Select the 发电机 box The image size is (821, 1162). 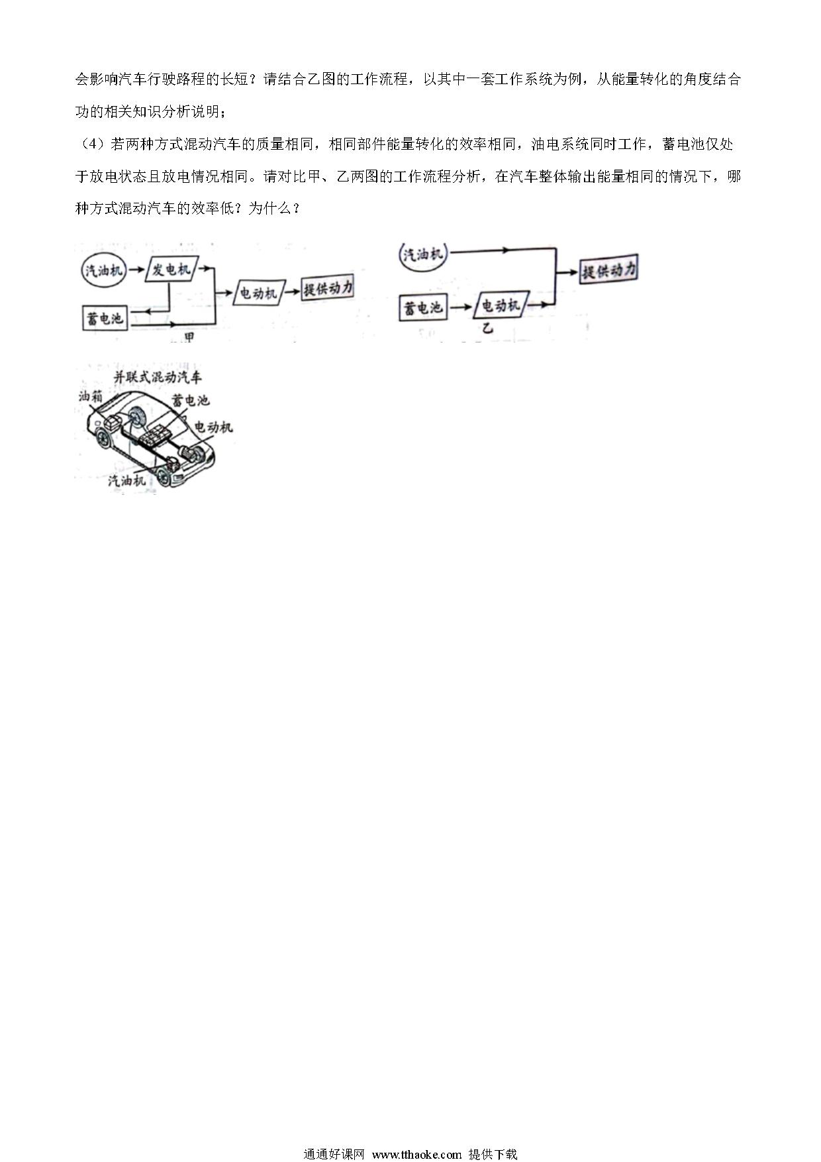[x=170, y=270]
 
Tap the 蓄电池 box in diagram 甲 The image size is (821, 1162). [x=103, y=319]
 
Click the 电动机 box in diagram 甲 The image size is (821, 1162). [x=259, y=292]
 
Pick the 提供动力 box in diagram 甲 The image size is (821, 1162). [x=328, y=288]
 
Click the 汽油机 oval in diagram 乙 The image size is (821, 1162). [x=424, y=254]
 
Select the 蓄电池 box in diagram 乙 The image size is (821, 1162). [x=423, y=307]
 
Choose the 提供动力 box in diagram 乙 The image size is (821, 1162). [x=608, y=271]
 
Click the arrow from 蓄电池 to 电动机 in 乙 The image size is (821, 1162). [x=460, y=307]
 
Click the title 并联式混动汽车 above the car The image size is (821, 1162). [x=158, y=378]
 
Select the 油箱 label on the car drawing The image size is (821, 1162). [x=89, y=397]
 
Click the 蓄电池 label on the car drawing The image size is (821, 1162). [x=190, y=400]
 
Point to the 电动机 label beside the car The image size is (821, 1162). [x=213, y=427]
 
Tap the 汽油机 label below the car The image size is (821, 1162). [x=127, y=481]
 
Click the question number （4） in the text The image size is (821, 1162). [x=92, y=144]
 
